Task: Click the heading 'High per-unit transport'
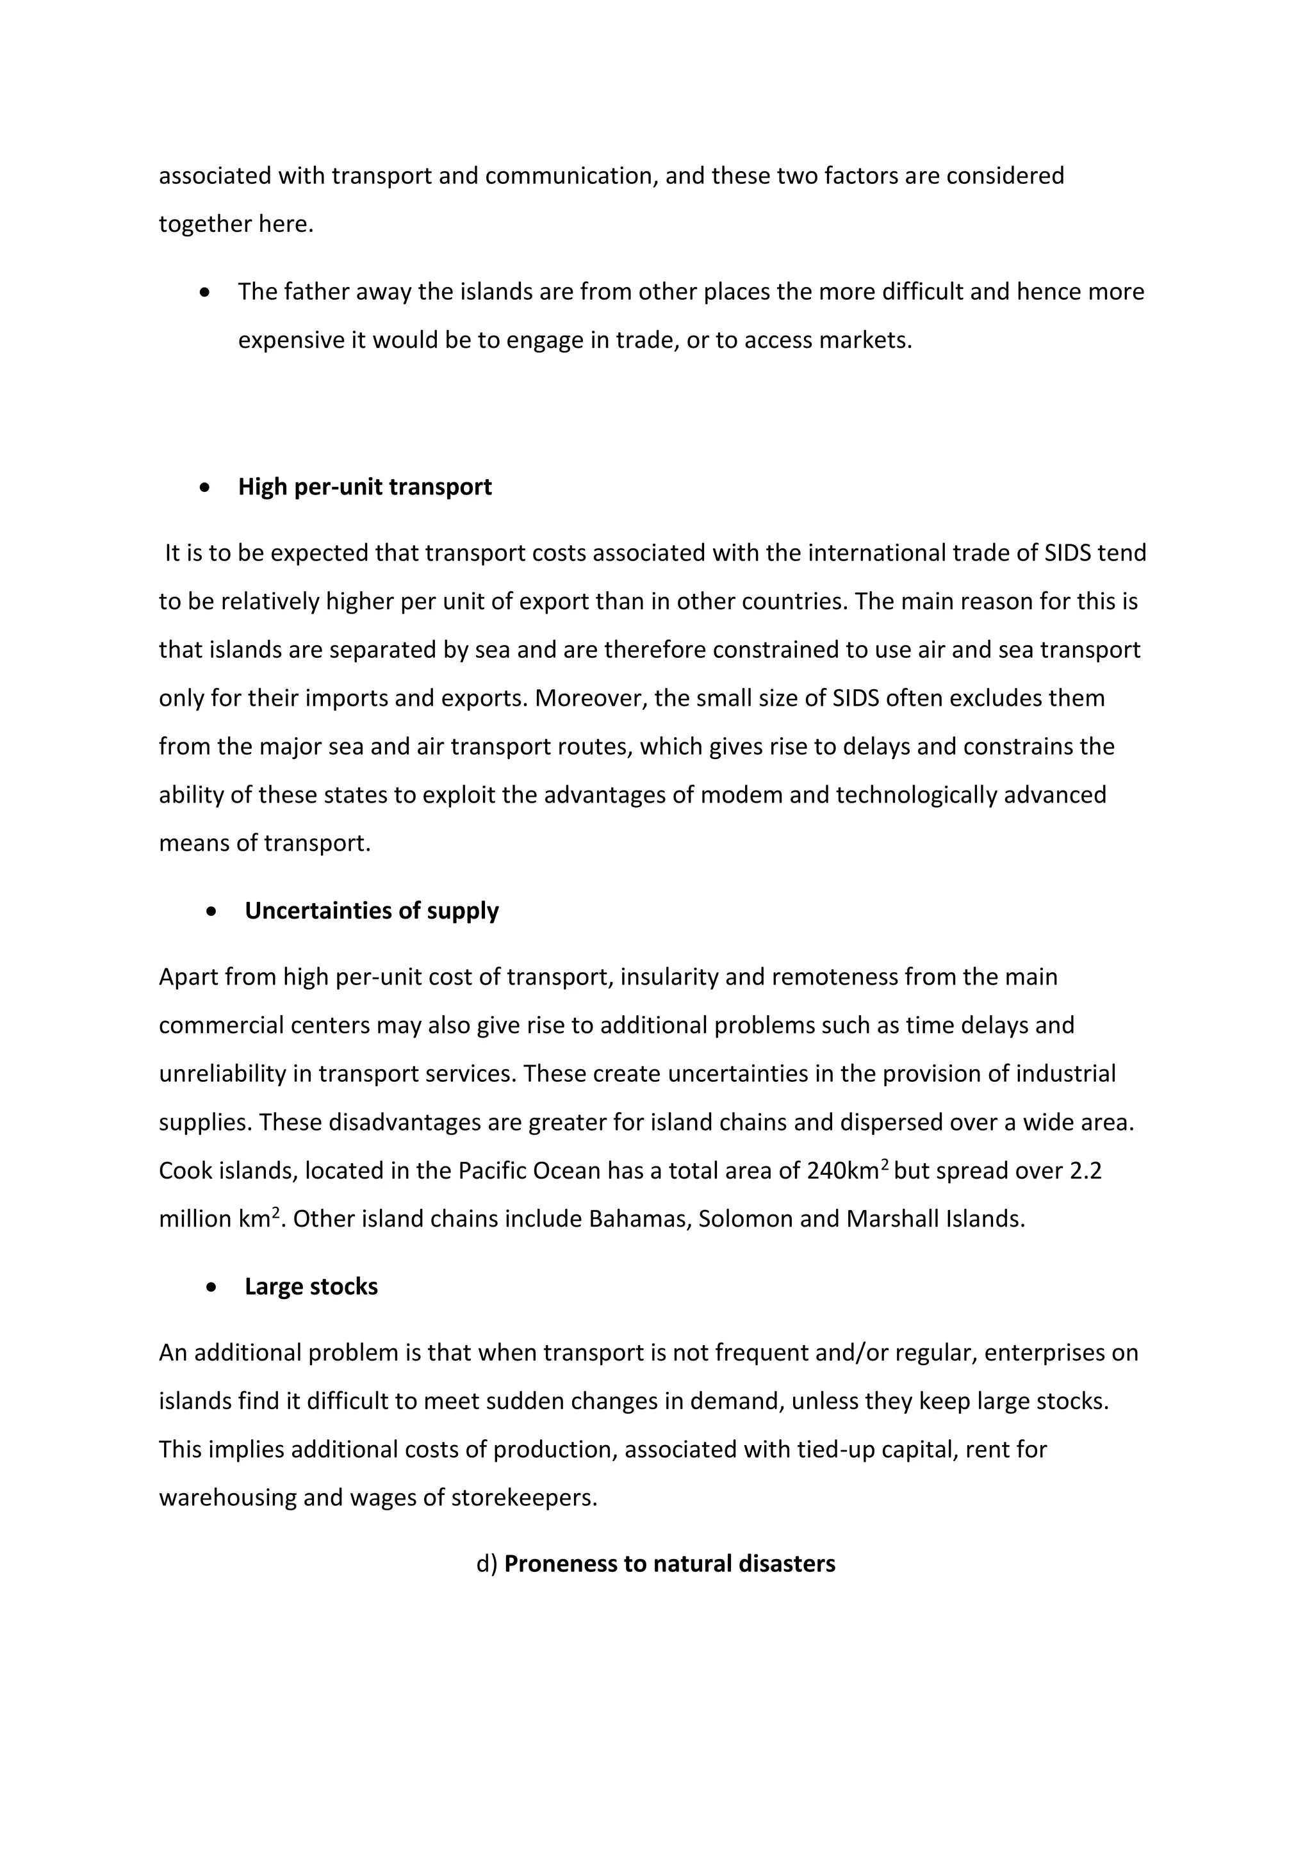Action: click(x=365, y=487)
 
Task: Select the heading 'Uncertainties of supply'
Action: click(x=372, y=911)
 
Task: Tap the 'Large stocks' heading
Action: click(x=311, y=1286)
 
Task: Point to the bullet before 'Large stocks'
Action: click(x=211, y=1287)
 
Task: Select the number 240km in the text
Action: click(x=842, y=1171)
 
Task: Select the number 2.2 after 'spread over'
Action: click(x=1085, y=1171)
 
